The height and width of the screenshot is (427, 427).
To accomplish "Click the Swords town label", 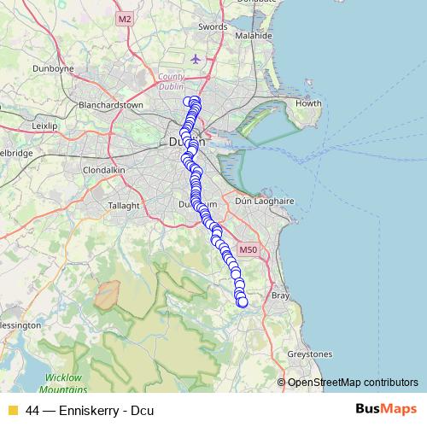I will (x=213, y=27).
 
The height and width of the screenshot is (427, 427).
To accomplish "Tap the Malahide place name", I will (x=254, y=37).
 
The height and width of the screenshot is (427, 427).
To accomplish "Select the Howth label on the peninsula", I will (x=307, y=104).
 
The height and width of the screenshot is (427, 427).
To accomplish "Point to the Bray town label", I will (x=280, y=295).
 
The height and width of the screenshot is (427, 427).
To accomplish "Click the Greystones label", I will (x=310, y=354).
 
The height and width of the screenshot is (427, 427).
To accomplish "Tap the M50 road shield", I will (x=248, y=250).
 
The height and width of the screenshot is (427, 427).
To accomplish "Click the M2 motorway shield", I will (x=126, y=19).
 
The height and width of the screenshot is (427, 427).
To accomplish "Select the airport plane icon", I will (x=198, y=59).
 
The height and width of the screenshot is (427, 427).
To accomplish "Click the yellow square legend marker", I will (x=12, y=410).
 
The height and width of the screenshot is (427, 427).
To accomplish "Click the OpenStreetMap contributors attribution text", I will (x=353, y=382).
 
